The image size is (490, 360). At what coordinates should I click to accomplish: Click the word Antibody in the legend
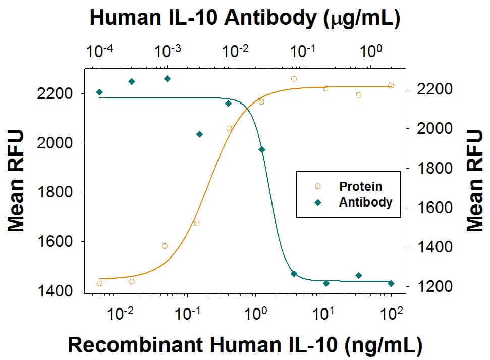click(x=365, y=202)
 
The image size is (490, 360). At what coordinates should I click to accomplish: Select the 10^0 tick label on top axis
click(x=371, y=52)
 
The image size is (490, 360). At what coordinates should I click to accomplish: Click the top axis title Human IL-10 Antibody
click(x=245, y=18)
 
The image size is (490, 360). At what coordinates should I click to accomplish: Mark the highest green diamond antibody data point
click(x=167, y=79)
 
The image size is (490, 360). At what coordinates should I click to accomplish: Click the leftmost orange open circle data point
click(x=99, y=283)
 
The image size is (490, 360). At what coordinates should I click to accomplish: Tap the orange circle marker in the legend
click(x=317, y=186)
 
